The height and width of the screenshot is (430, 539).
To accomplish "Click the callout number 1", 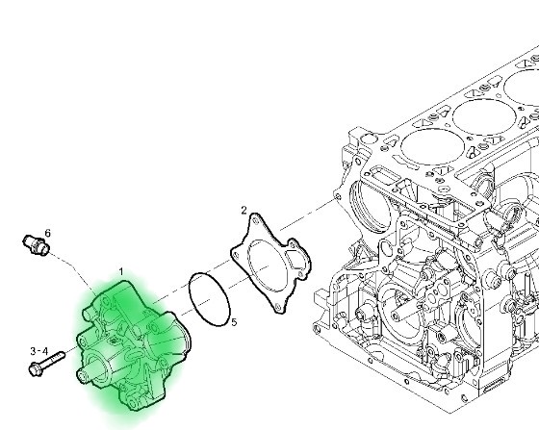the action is tap(121, 272).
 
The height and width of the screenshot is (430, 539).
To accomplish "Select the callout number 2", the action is tap(244, 211).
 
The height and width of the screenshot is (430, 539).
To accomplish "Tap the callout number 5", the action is tap(234, 322).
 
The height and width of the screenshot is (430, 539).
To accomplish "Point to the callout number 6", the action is tap(47, 233).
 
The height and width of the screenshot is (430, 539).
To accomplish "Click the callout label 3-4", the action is tap(39, 351).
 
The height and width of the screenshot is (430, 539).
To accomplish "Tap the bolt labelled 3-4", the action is tap(47, 364).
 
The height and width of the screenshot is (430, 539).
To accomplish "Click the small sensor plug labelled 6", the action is tap(36, 243).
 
